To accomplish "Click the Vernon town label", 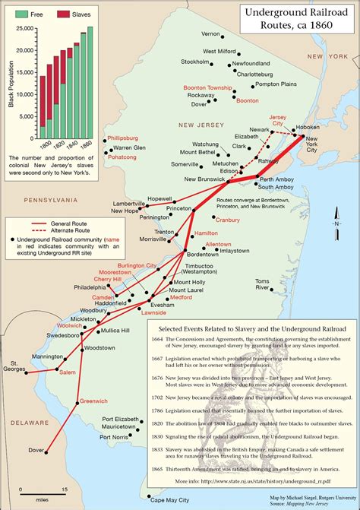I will pos(210,34).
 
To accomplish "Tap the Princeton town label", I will pos(180,207).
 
